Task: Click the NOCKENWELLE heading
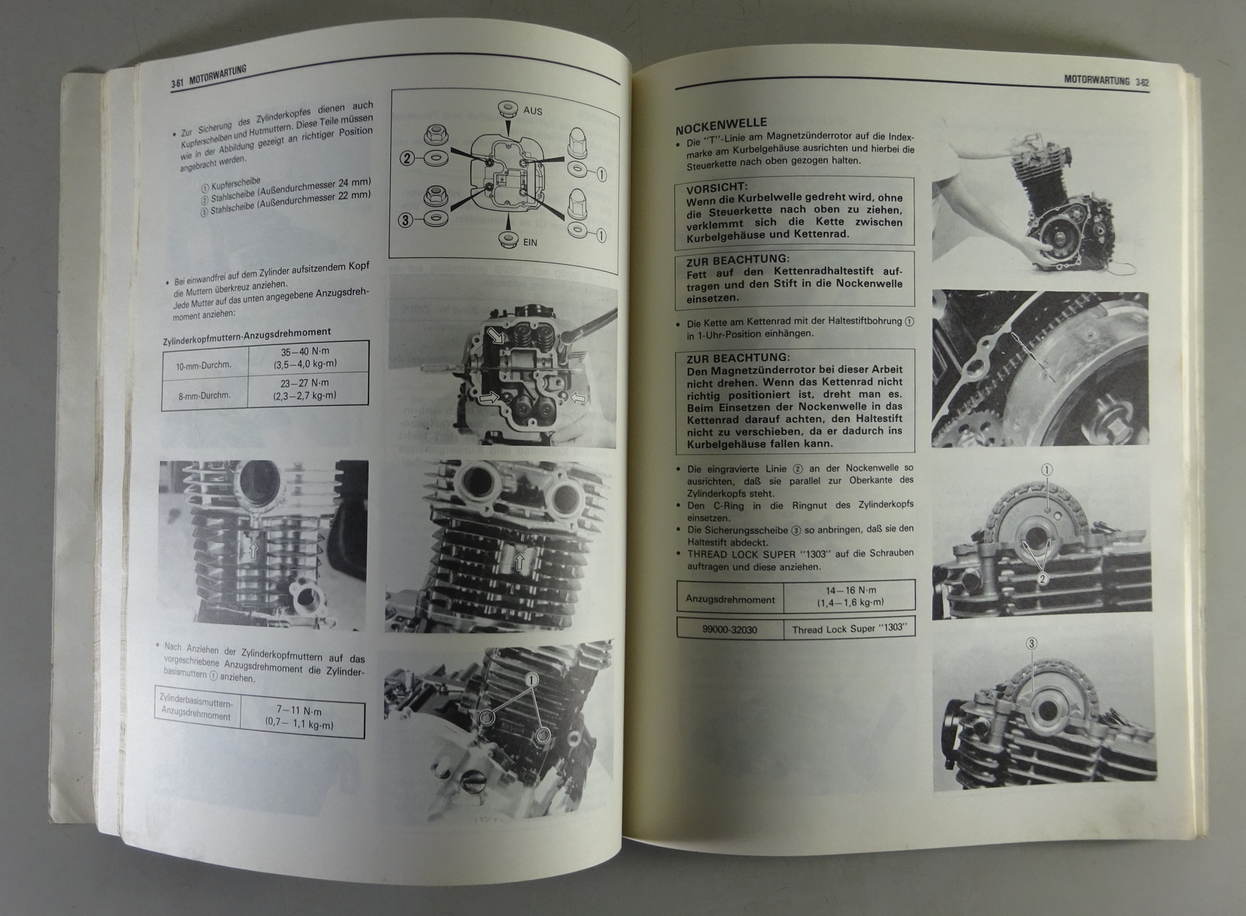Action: tap(721, 125)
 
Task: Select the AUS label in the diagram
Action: tap(533, 111)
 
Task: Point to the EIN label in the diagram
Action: tap(530, 243)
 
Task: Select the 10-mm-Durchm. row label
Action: tap(204, 365)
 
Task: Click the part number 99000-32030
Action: tap(729, 630)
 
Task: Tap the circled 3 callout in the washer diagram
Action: tap(406, 220)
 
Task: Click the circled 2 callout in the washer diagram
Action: tap(407, 159)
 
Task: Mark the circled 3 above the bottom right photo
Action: tap(1031, 644)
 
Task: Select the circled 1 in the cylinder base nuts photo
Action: tap(531, 680)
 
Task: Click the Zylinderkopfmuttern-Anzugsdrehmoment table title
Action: tap(246, 336)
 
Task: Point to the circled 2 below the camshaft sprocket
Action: tap(1043, 579)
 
